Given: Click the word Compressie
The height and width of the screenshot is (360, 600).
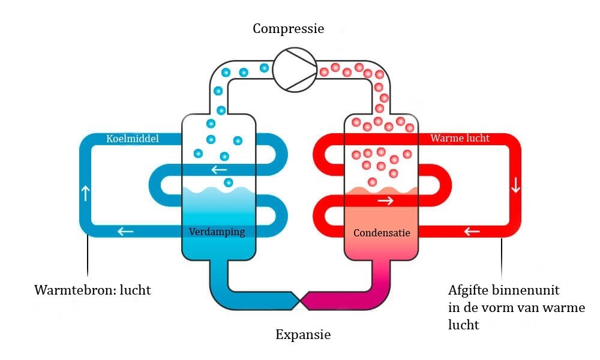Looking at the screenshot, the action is tap(288, 29).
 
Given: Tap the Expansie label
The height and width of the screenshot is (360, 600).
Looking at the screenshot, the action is tap(303, 335).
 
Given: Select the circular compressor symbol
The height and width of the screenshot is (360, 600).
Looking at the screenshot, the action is tap(295, 70).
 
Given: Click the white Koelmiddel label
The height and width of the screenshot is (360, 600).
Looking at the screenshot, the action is tap(133, 139).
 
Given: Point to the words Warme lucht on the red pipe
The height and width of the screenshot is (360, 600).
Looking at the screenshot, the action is tap(460, 138).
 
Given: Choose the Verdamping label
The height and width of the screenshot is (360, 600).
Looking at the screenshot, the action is tap(217, 232).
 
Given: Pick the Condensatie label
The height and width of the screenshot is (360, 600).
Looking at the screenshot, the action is tap(382, 233).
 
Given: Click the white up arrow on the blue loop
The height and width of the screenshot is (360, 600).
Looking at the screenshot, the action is tap(86, 193).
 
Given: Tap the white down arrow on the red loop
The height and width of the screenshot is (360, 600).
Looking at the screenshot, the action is tap(515, 185).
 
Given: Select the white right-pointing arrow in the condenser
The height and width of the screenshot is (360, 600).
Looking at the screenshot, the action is tap(386, 200).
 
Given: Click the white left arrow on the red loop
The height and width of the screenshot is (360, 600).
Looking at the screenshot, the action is tap(472, 231).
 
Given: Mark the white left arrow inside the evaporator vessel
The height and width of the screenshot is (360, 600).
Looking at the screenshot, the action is tap(219, 169).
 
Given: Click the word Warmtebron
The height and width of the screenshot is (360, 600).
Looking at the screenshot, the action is tap(73, 290).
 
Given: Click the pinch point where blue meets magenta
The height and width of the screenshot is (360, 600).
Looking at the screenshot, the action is tap(301, 301).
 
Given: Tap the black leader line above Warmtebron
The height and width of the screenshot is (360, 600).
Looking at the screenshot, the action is tap(88, 256).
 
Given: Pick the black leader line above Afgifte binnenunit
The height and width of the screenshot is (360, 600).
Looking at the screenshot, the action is tap(502, 259).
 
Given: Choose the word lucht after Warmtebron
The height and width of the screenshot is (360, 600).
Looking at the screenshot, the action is tap(136, 290).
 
